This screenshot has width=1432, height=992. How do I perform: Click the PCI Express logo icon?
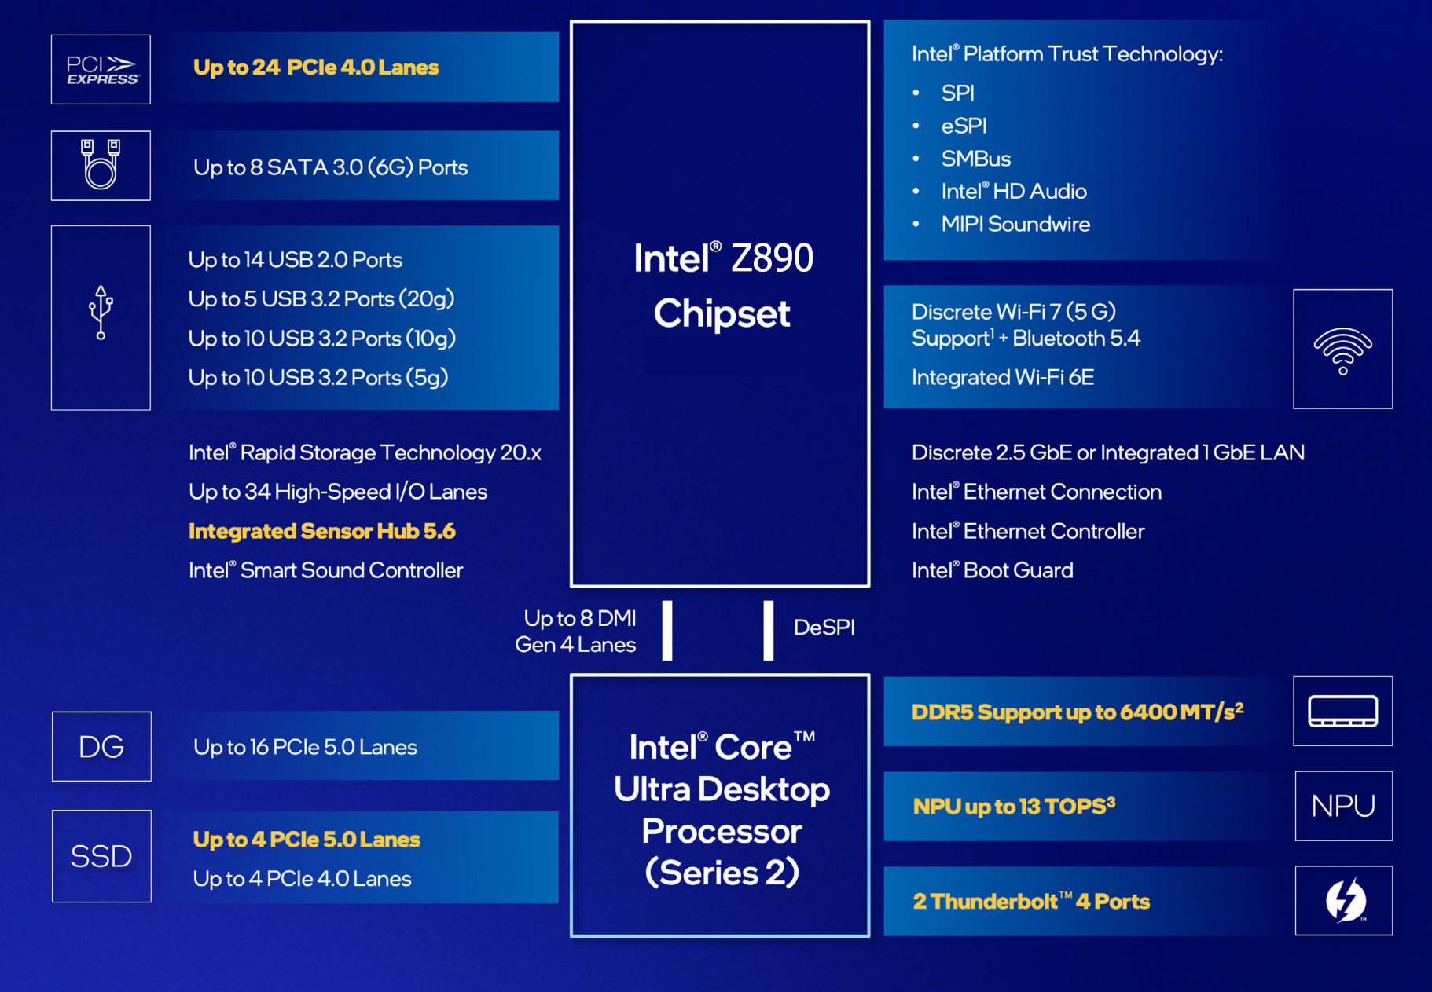pos(101,70)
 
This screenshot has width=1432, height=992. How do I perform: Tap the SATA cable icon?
pos(101,165)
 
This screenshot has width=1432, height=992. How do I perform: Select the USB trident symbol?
pos(101,313)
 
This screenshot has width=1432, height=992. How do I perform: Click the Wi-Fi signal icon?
pos(1342,350)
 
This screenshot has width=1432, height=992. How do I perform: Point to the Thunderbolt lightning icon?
pos(1344,900)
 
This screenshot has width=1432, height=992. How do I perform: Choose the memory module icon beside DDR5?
pos(1342,712)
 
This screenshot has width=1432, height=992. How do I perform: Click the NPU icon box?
pos(1343,806)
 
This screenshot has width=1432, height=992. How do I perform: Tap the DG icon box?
pos(101,746)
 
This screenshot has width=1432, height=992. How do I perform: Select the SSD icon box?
pos(101,856)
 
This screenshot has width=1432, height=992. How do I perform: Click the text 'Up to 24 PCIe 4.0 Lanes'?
pos(316,68)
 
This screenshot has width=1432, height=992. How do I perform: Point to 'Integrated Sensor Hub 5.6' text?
pos(321,531)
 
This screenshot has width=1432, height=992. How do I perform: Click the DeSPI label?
pos(824,628)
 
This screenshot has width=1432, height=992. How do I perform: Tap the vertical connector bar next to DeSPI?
pos(768,630)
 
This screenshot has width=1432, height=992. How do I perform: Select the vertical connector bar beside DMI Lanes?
pos(667,630)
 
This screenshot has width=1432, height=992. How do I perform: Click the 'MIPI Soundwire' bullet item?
pos(1015,225)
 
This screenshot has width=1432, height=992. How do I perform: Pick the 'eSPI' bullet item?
pos(964,126)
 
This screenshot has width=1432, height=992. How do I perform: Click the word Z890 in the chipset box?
pos(772,258)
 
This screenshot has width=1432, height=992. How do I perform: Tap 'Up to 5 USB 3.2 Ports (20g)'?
pos(321,299)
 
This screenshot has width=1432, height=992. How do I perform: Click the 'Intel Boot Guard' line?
pos(992,570)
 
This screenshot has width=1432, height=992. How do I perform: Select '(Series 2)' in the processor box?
pos(722,873)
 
